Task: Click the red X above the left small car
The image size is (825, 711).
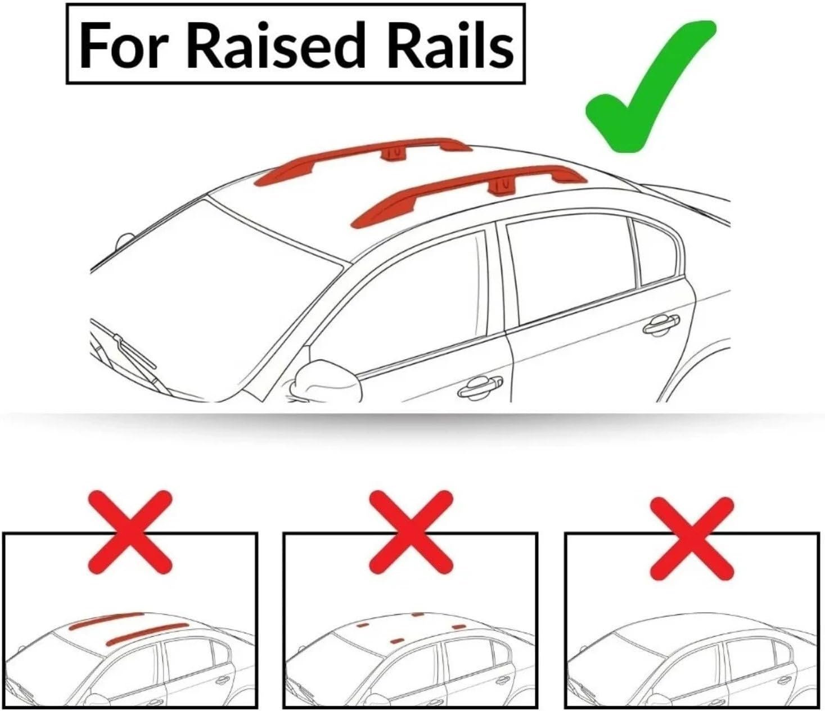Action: [x=130, y=532]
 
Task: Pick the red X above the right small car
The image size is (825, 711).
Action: [x=692, y=532]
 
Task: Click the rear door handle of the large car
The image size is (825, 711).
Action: [x=661, y=323]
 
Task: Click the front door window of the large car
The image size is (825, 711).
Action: [x=405, y=304]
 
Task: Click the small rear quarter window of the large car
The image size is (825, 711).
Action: [x=655, y=253]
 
